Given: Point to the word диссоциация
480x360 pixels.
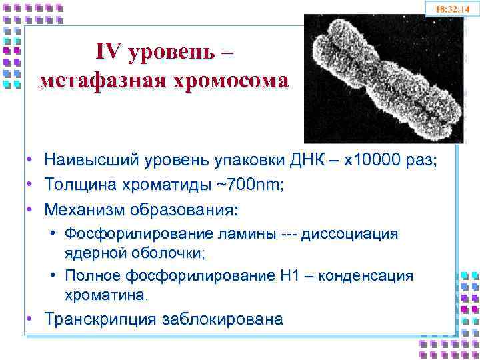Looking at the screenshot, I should coord(349,234).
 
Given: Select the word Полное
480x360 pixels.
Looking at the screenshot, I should coord(93,276).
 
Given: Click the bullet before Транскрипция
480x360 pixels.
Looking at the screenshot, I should coord(30,319).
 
